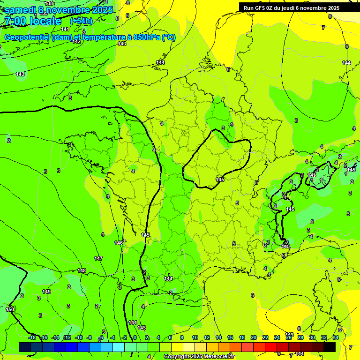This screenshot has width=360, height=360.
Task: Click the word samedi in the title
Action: coord(20,10)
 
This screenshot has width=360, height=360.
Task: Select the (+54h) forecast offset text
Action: coord(81,21)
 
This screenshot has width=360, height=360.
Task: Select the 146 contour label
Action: coord(119,243)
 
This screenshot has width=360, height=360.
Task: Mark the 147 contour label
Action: coord(98,258)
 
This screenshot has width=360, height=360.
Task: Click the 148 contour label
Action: coord(82,270)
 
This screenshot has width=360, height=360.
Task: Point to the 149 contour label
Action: coord(46,292)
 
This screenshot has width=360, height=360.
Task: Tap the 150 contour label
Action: coord(10,309)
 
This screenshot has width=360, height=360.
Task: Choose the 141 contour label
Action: coord(65,29)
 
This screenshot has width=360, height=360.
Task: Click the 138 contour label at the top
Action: coord(49,3)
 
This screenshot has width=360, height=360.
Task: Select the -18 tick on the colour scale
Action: coord(32,337)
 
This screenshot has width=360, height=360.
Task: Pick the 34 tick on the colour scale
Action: coord(336,337)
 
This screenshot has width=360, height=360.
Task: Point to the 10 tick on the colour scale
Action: coord(195,337)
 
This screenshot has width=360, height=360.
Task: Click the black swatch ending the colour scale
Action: coord(330,347)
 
